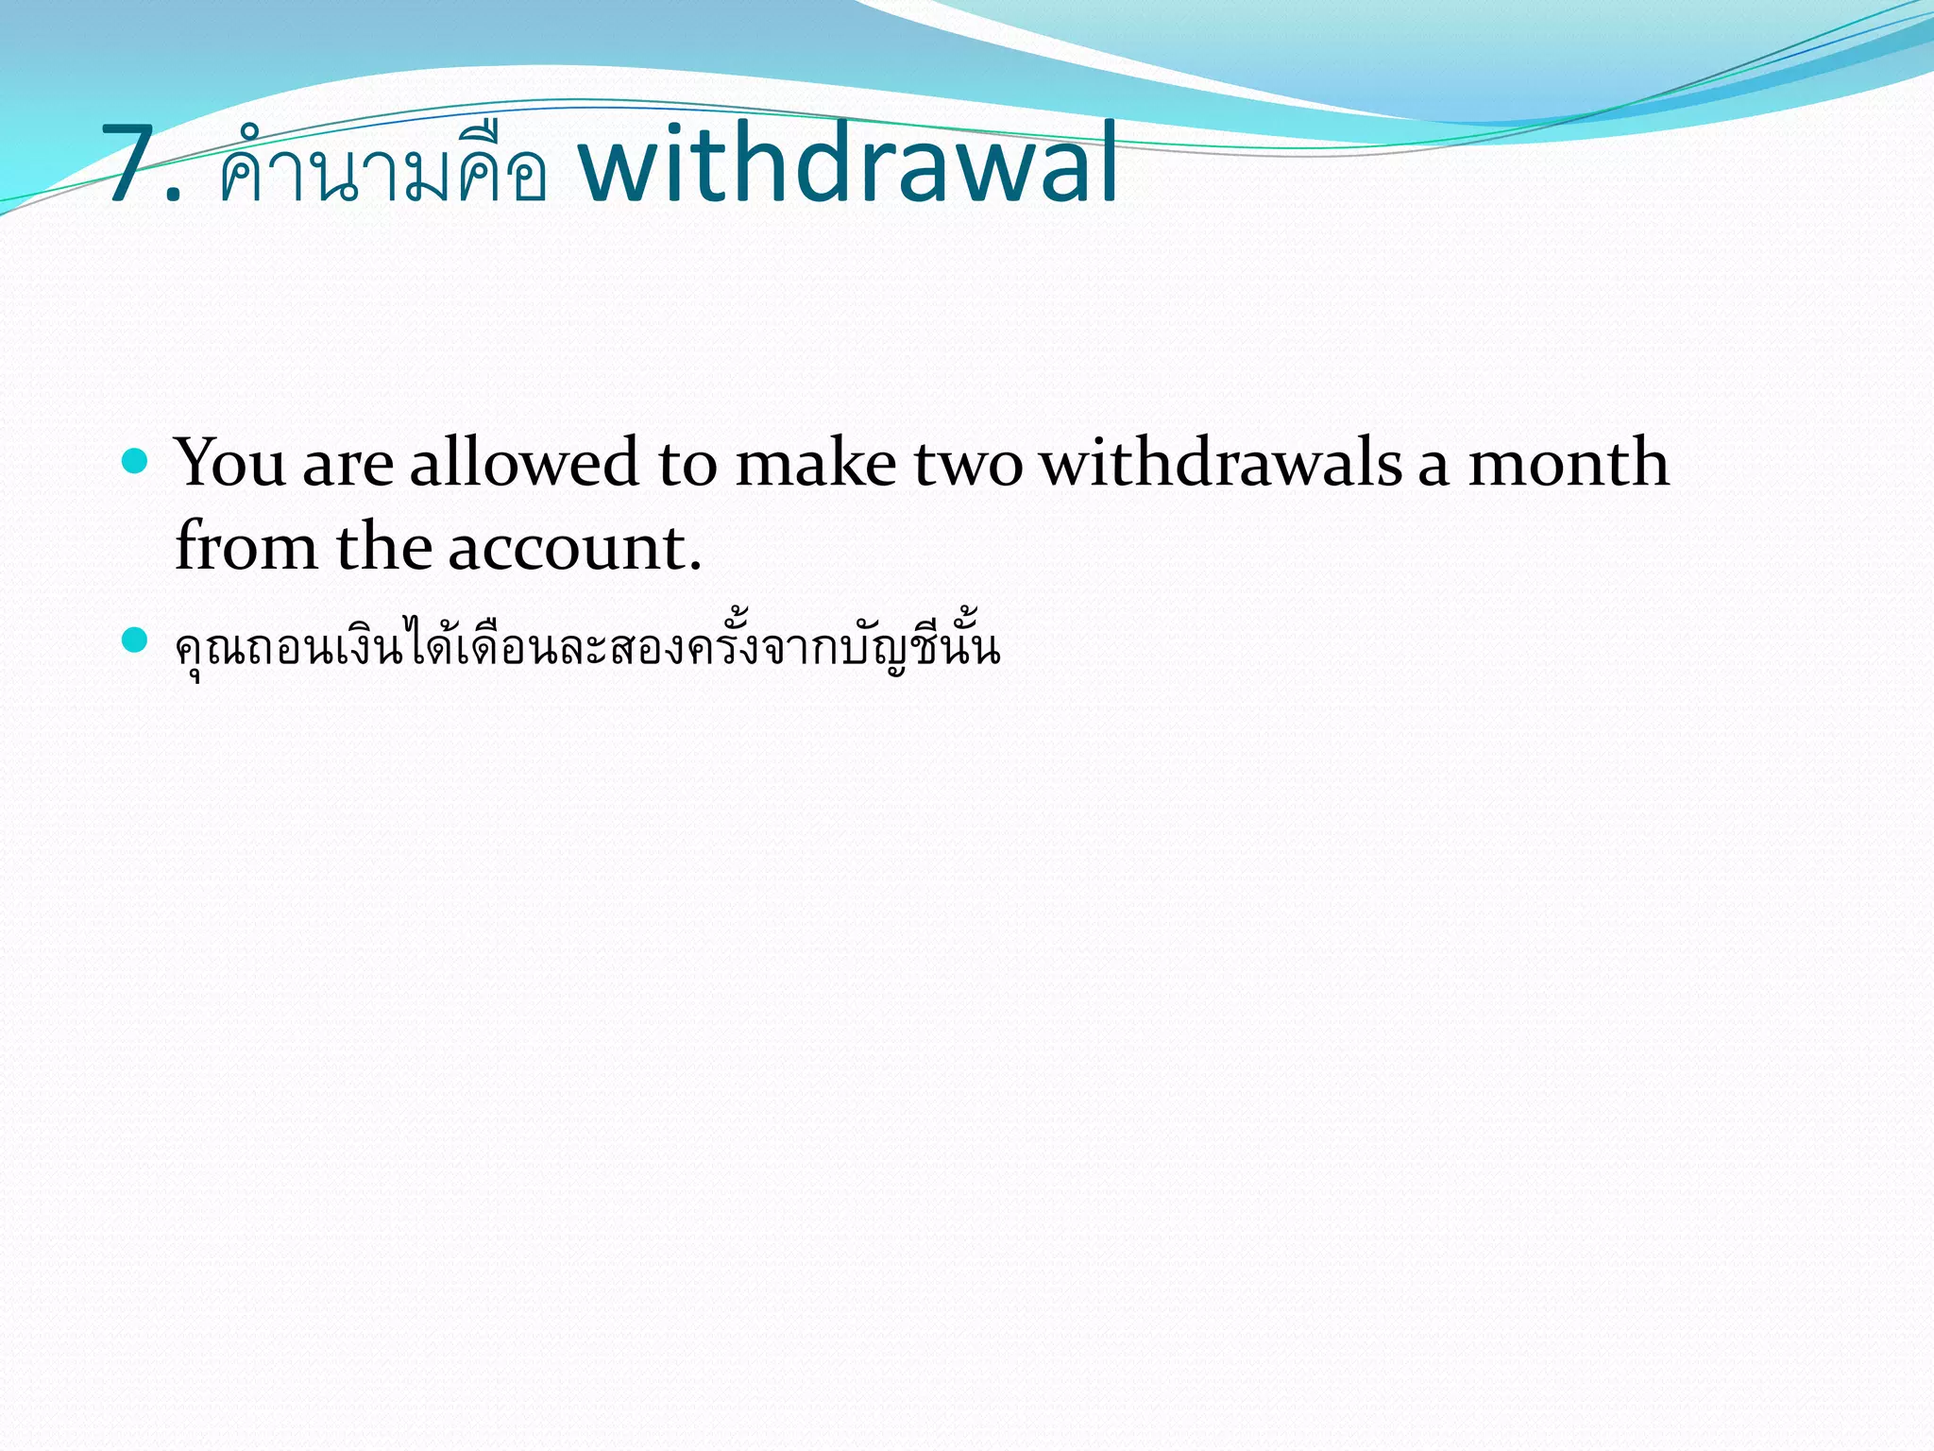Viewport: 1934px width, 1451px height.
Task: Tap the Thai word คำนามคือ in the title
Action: [x=382, y=170]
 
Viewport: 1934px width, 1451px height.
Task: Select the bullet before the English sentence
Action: [x=136, y=461]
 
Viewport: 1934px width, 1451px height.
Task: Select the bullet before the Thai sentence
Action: [x=136, y=640]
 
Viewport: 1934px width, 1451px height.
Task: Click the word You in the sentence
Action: [x=230, y=463]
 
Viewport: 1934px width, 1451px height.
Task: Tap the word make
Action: [x=815, y=463]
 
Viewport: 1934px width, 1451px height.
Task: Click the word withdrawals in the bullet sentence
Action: [x=1220, y=463]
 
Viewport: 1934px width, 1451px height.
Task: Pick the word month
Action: [x=1568, y=463]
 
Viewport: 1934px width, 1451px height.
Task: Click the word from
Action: [x=246, y=547]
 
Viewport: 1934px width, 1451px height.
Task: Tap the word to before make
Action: [x=687, y=465]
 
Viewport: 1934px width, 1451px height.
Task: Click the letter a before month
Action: [x=1433, y=469]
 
